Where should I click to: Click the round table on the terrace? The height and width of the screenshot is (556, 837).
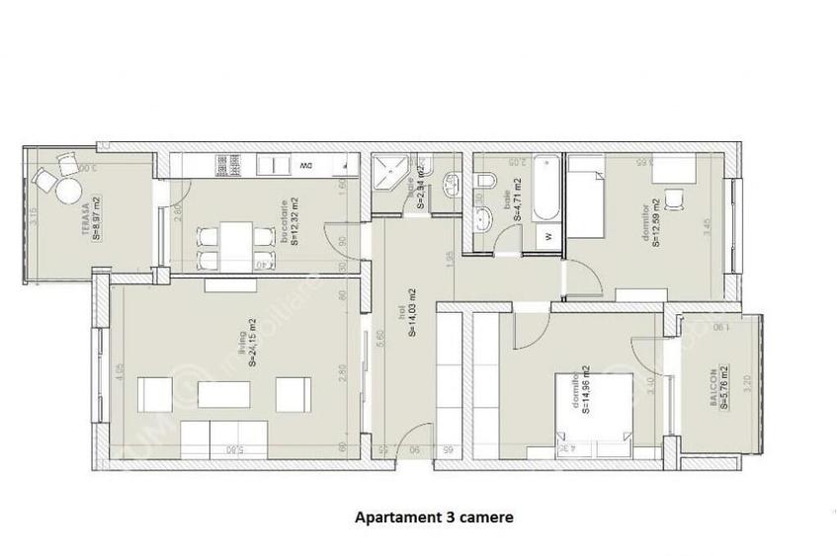point(69,189)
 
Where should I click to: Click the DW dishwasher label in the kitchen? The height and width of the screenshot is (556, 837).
point(305,165)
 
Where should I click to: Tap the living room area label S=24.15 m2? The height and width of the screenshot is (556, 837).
point(250,343)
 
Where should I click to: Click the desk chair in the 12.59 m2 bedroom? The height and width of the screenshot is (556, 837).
point(674,200)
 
